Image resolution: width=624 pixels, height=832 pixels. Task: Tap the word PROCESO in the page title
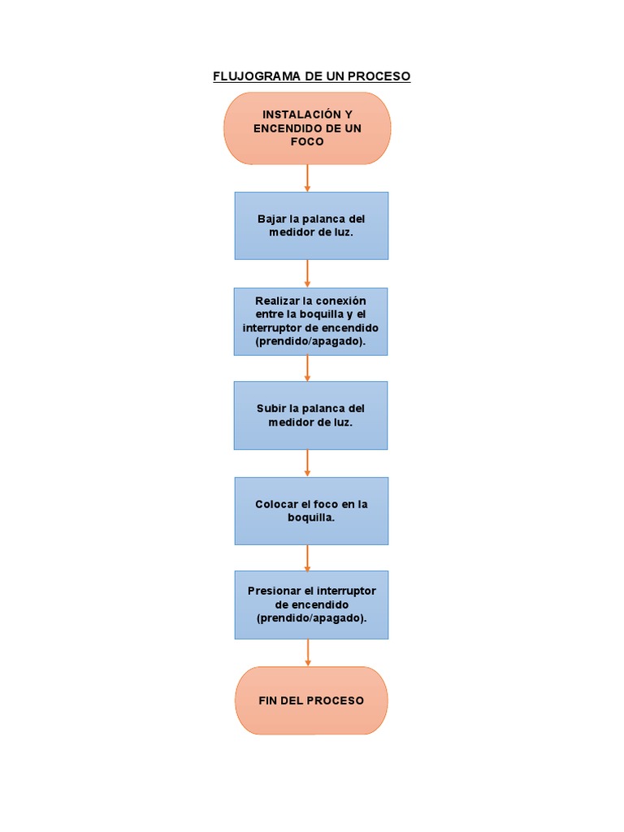pos(379,76)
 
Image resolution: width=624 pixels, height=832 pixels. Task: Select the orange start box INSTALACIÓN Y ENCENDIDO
pos(307,128)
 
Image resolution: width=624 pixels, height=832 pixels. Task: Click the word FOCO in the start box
pos(307,141)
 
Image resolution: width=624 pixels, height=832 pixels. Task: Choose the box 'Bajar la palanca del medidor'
pos(311,226)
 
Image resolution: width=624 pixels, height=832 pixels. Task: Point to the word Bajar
pos(271,219)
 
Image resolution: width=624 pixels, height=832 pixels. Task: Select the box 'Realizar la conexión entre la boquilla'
pos(310,322)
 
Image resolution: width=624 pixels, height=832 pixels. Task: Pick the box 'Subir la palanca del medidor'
pos(310,415)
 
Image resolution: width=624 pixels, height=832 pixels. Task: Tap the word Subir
pos(271,408)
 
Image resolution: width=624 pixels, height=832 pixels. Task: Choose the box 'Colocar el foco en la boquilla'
pos(311,510)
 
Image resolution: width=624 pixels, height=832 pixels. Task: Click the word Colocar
pos(275,504)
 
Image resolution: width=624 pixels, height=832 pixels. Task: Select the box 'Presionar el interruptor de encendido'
pos(311,604)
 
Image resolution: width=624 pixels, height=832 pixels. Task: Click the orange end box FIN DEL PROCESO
pos(311,700)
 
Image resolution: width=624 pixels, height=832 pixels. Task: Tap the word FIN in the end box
pos(268,700)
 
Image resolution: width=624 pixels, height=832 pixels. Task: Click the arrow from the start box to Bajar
pos(307,178)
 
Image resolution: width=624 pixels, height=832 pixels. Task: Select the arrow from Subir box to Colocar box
pos(307,463)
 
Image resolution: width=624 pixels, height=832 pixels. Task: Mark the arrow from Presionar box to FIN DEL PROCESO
pos(308,653)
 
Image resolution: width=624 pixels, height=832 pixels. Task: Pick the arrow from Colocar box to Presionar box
pos(307,557)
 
